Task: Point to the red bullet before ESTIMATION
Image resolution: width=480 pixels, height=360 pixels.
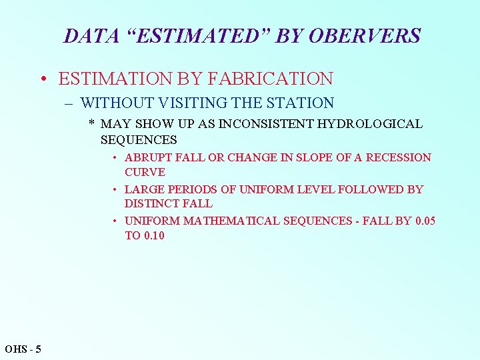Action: [x=42, y=79]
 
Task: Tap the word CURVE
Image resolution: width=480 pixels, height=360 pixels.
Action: [x=145, y=172]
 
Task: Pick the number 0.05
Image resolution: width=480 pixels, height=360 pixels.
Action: [x=425, y=221]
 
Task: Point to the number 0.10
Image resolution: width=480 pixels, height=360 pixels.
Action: [x=154, y=235]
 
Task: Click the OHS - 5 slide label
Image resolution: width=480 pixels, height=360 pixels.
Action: [x=23, y=349]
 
